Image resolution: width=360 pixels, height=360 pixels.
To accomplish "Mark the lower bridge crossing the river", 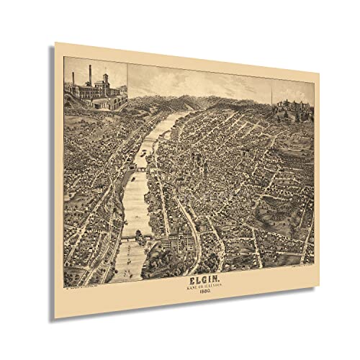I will point(130,237).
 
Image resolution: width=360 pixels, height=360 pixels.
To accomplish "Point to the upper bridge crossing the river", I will point(142,168).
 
